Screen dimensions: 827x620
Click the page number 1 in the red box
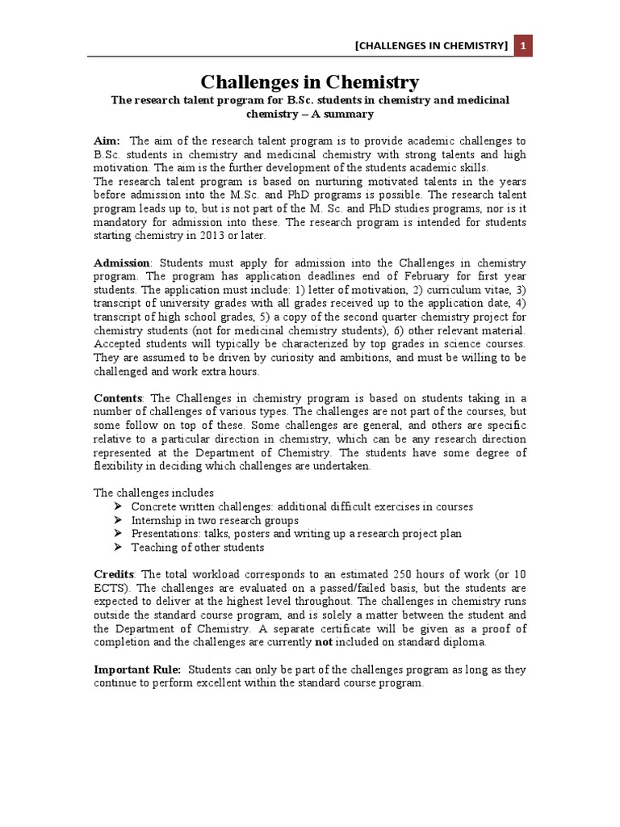(x=523, y=47)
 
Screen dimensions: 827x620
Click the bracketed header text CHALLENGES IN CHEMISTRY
(x=432, y=47)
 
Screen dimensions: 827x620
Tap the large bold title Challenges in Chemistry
(x=310, y=82)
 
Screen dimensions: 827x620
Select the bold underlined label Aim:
(x=107, y=141)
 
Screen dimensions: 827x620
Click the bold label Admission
(x=122, y=263)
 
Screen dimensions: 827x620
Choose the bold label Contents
(x=119, y=398)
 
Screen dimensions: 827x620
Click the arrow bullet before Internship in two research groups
(x=118, y=520)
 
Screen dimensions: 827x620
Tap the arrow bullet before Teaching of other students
(x=118, y=547)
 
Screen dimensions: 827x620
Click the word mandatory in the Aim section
(x=121, y=221)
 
